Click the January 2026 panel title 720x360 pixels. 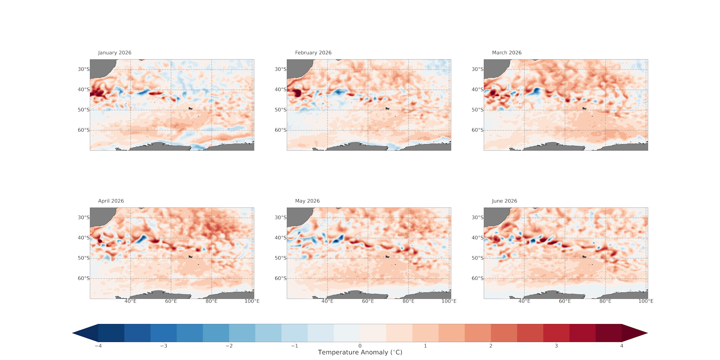click(115, 53)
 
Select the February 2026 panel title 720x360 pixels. click(313, 53)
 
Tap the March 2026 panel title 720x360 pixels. click(507, 53)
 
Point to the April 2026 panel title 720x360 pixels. click(111, 201)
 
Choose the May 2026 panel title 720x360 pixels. click(307, 201)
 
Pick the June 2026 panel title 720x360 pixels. click(504, 201)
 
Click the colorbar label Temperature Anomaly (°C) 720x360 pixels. click(360, 352)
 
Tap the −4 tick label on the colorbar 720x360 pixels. click(98, 346)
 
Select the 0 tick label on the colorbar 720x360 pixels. click(360, 346)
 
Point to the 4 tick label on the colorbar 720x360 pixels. click(622, 346)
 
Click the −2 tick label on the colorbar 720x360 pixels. click(229, 346)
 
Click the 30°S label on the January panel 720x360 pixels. click(84, 69)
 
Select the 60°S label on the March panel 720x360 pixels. click(477, 130)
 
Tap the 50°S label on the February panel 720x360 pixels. click(280, 110)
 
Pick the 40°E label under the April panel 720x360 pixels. click(130, 301)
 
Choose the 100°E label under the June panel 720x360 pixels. click(646, 301)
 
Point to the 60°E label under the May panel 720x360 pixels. click(368, 301)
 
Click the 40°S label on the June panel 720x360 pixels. click(477, 238)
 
